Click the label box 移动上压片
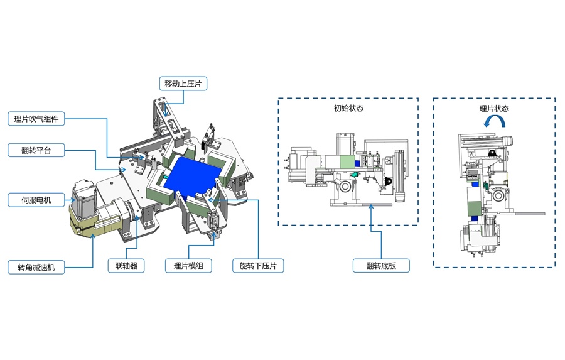coord(183,84)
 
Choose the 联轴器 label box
coord(126,266)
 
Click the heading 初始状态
coord(348,108)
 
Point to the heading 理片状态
coord(494,108)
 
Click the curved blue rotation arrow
coord(494,124)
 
